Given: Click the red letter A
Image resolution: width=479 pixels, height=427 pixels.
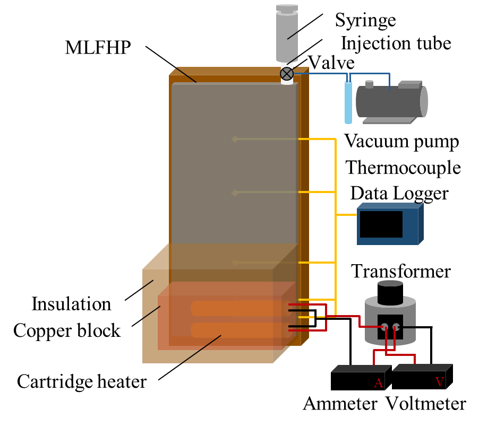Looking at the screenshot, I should click(378, 383).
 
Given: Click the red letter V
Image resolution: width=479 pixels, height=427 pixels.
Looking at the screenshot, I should click(439, 382).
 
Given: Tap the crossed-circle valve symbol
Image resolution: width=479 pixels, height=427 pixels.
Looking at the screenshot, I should click(287, 74).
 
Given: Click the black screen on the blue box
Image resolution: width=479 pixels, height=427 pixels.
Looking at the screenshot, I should click(381, 224).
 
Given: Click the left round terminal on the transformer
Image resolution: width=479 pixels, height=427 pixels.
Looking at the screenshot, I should click(384, 327).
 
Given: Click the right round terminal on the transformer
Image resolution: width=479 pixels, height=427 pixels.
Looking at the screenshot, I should click(396, 327).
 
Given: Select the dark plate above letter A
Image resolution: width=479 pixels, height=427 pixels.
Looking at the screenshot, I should click(361, 368).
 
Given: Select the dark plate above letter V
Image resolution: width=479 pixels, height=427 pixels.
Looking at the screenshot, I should click(422, 367).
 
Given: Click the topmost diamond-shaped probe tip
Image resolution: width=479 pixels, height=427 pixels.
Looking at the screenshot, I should click(235, 139).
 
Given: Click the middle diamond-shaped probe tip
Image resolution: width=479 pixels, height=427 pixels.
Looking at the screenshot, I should click(235, 193).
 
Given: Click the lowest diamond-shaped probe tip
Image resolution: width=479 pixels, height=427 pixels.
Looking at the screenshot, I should click(235, 263).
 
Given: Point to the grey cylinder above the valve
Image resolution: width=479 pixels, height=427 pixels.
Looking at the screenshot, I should click(287, 34).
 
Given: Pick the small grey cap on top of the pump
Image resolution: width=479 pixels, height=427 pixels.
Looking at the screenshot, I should click(369, 84).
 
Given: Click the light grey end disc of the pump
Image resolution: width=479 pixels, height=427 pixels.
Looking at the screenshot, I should click(424, 101).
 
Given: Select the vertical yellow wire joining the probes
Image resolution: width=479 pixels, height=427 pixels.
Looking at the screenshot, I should click(336, 223).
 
